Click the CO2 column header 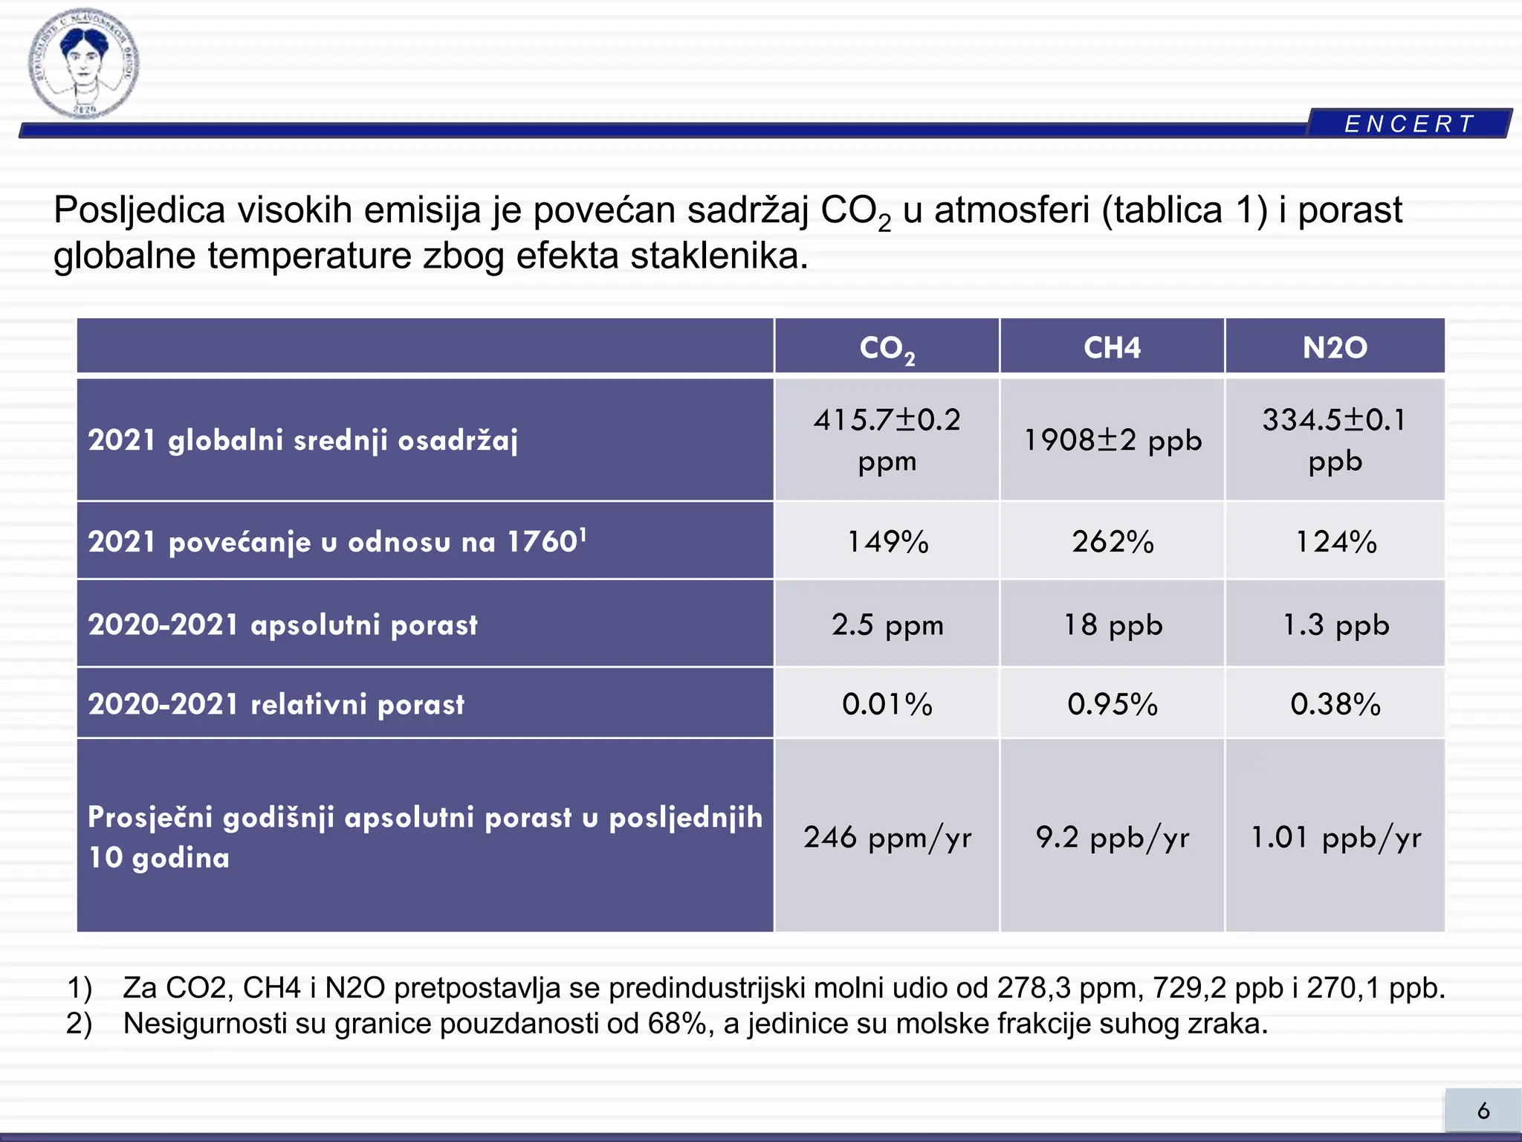pyautogui.click(x=887, y=347)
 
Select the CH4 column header pyautogui.click(x=1112, y=347)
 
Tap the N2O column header pyautogui.click(x=1335, y=347)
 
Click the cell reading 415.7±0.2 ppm pyautogui.click(x=887, y=439)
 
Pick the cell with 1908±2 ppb pyautogui.click(x=1112, y=440)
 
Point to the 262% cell pyautogui.click(x=1112, y=541)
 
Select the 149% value pyautogui.click(x=887, y=541)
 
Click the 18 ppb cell pyautogui.click(x=1112, y=625)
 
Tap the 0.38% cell pyautogui.click(x=1335, y=703)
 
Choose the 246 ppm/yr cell pyautogui.click(x=887, y=837)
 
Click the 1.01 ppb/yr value pyautogui.click(x=1335, y=837)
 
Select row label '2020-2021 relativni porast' pyautogui.click(x=276, y=704)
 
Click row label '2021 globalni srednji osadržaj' pyautogui.click(x=302, y=440)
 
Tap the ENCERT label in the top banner pyautogui.click(x=1409, y=123)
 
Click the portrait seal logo pyautogui.click(x=83, y=63)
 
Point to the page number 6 pyautogui.click(x=1483, y=1111)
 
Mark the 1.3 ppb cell pyautogui.click(x=1335, y=625)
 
